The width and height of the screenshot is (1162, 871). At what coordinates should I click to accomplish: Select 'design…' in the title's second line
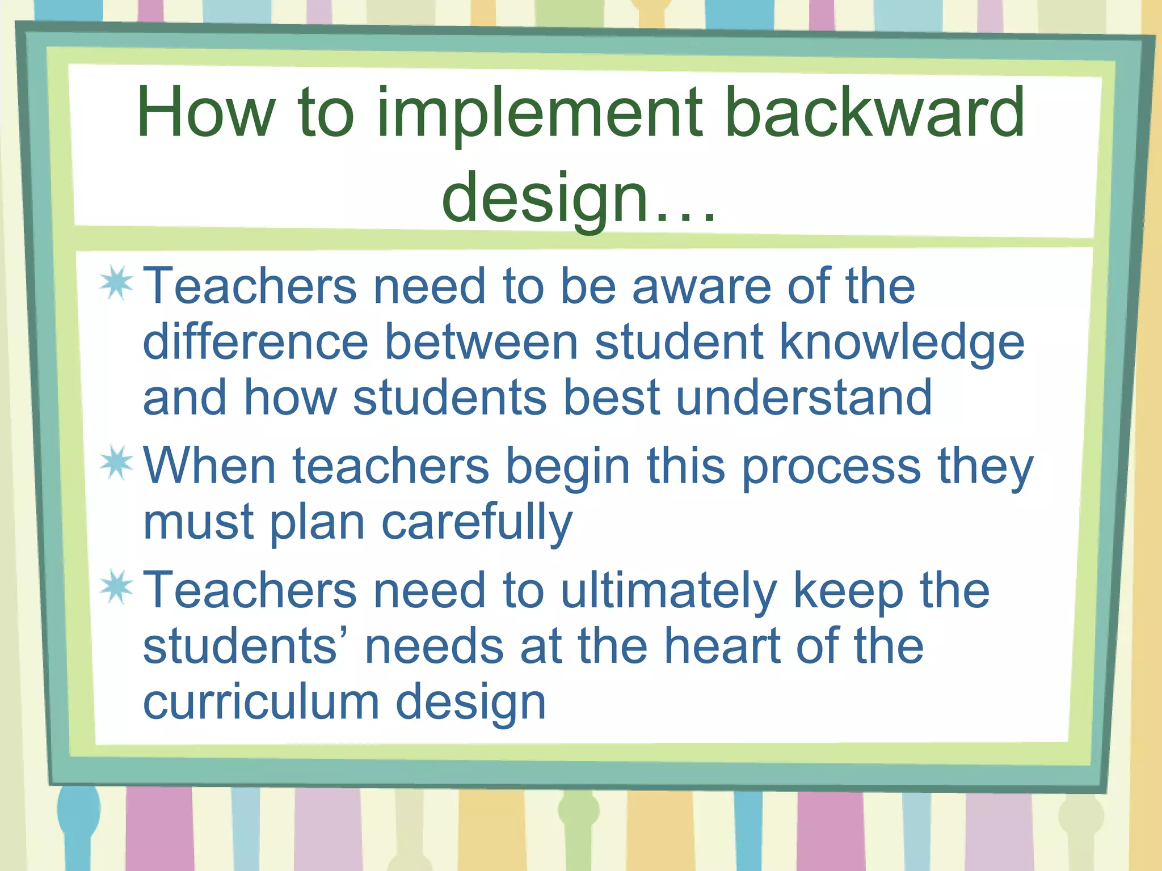(x=579, y=198)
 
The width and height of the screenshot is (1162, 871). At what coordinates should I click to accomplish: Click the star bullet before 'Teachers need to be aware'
(x=116, y=283)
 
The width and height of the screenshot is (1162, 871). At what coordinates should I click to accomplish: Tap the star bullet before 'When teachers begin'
(x=116, y=463)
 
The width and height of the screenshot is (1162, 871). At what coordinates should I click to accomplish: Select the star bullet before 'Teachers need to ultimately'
(x=116, y=587)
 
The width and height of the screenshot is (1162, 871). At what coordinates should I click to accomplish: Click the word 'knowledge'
(x=902, y=343)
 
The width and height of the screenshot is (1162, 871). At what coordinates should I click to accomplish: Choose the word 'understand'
(x=804, y=398)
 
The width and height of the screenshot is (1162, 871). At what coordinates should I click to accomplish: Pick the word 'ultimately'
(x=668, y=591)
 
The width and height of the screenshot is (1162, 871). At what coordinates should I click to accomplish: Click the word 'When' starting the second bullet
(x=209, y=466)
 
